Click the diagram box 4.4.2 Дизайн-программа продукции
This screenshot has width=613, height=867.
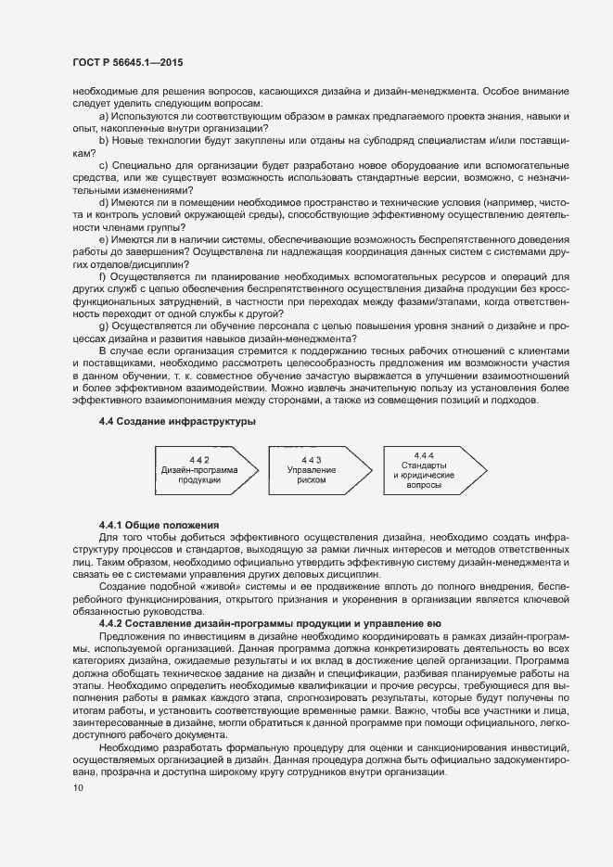[200, 471]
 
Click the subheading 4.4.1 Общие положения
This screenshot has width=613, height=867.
[158, 525]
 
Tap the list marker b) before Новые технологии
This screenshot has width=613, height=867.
[103, 139]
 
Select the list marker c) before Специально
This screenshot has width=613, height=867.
[103, 164]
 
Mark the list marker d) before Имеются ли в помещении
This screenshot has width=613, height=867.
[103, 201]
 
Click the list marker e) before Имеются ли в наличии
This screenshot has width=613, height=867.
[103, 238]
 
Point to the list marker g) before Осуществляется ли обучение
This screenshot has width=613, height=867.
[103, 325]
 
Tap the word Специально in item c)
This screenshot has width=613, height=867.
[142, 164]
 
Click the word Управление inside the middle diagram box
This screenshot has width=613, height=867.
[312, 471]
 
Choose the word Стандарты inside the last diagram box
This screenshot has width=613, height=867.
[425, 465]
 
